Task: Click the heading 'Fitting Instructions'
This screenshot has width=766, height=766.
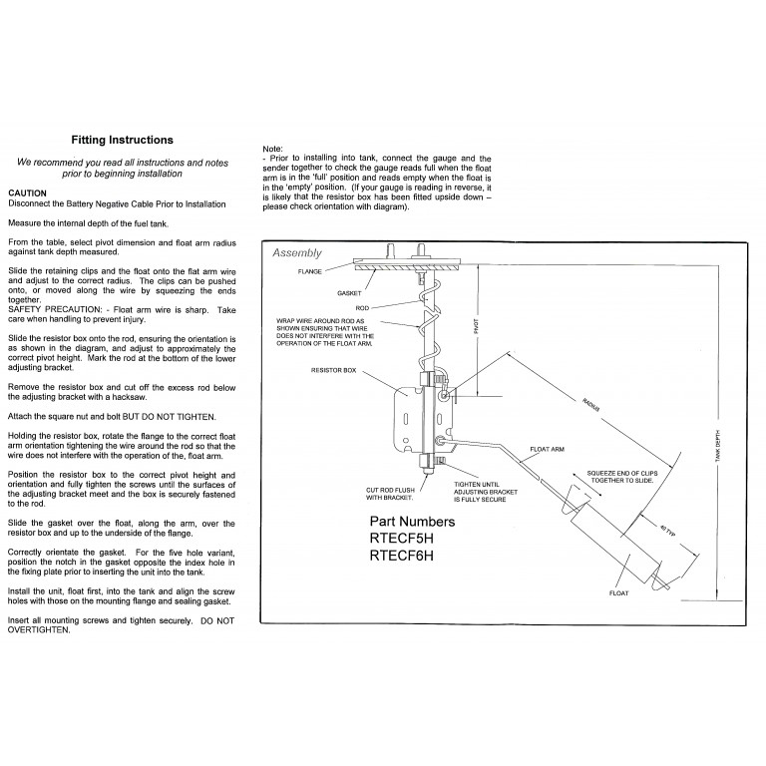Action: click(124, 141)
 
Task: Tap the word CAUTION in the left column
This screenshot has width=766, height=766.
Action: click(27, 192)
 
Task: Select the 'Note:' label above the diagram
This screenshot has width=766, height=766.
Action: click(271, 148)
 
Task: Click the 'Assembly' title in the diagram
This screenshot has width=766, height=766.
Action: click(297, 253)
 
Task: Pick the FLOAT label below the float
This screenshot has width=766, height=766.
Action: click(619, 592)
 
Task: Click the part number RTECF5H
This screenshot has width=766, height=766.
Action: click(411, 540)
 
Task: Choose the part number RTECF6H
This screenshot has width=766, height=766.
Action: click(411, 558)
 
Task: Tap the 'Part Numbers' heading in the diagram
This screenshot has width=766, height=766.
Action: click(412, 522)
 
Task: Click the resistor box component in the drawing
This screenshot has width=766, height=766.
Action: click(413, 416)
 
